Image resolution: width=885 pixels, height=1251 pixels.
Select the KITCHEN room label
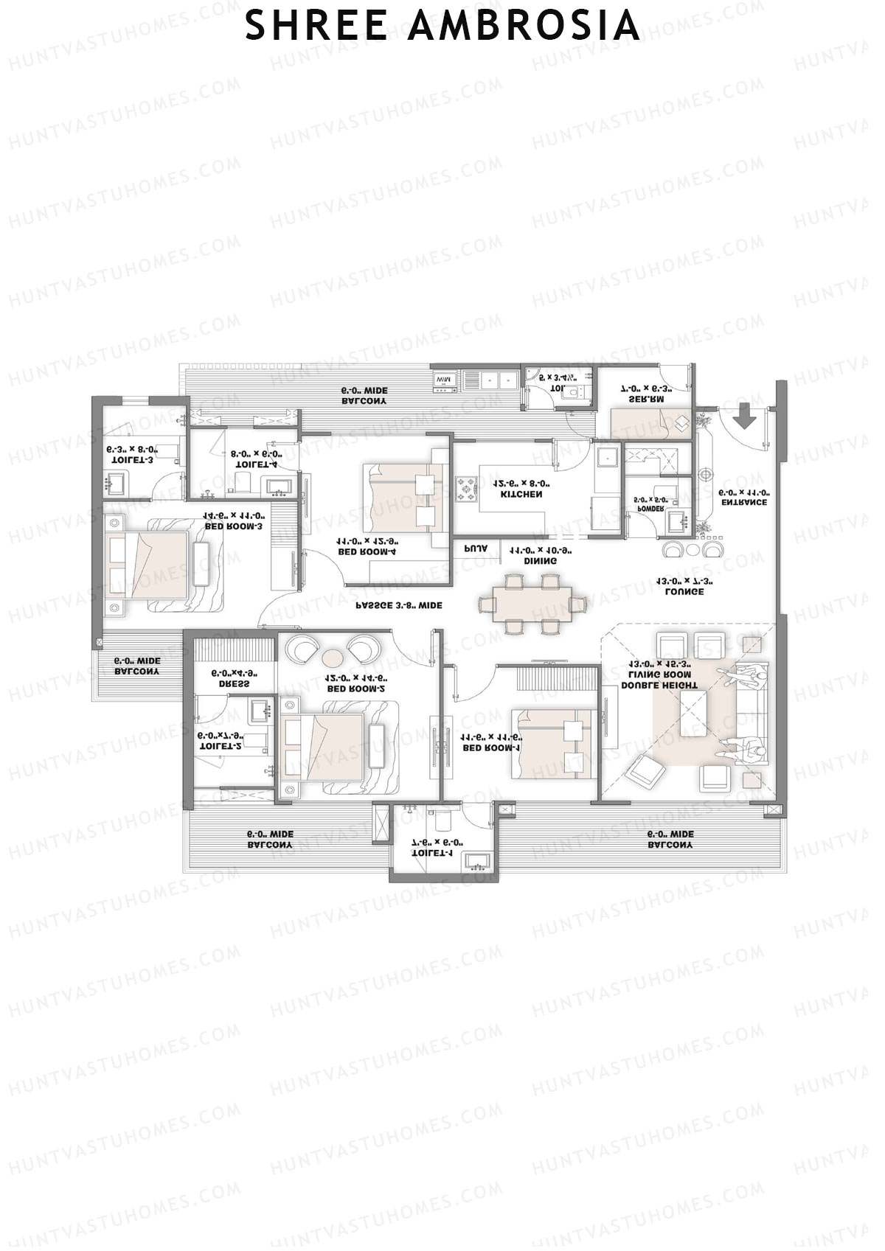(x=521, y=495)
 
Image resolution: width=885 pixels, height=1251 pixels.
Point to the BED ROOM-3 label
(x=234, y=526)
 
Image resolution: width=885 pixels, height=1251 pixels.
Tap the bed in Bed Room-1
(x=553, y=743)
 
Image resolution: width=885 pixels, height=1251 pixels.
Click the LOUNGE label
(x=684, y=591)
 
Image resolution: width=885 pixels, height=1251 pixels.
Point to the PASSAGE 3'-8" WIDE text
(x=399, y=605)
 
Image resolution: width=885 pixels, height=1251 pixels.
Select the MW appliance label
(x=442, y=379)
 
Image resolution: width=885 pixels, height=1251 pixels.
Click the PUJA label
(x=475, y=548)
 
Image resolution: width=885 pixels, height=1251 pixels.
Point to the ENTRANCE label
(x=743, y=502)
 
